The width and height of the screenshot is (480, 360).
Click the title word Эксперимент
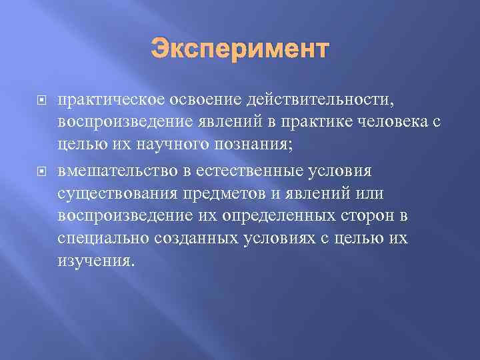pos(240,50)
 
